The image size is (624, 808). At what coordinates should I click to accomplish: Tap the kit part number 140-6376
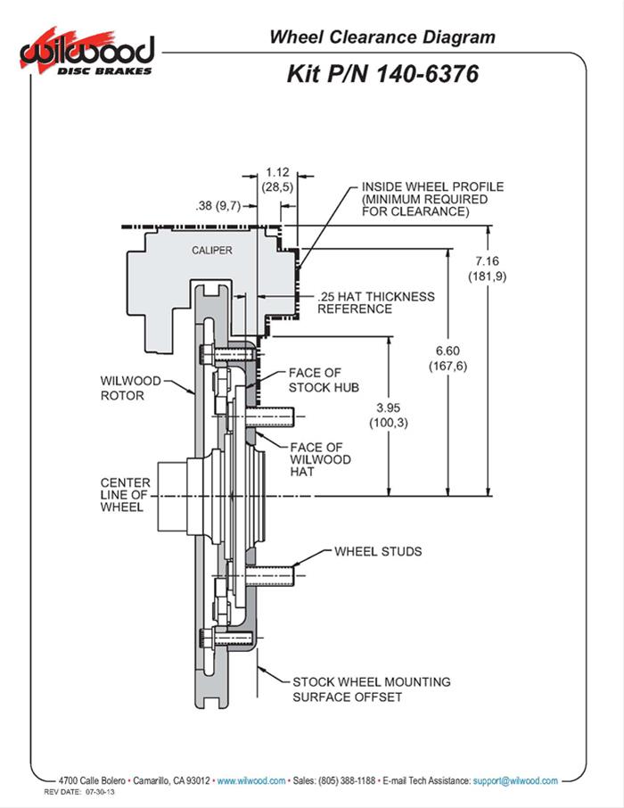click(382, 75)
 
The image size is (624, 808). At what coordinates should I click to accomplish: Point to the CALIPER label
click(212, 251)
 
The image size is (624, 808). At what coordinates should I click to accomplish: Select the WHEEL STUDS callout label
click(378, 551)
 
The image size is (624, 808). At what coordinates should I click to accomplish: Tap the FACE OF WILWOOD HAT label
click(321, 459)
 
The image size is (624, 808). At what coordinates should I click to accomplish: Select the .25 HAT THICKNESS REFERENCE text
click(376, 302)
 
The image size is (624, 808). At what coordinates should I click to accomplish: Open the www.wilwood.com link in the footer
click(251, 780)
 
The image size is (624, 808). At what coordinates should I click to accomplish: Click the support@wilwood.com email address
click(515, 780)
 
